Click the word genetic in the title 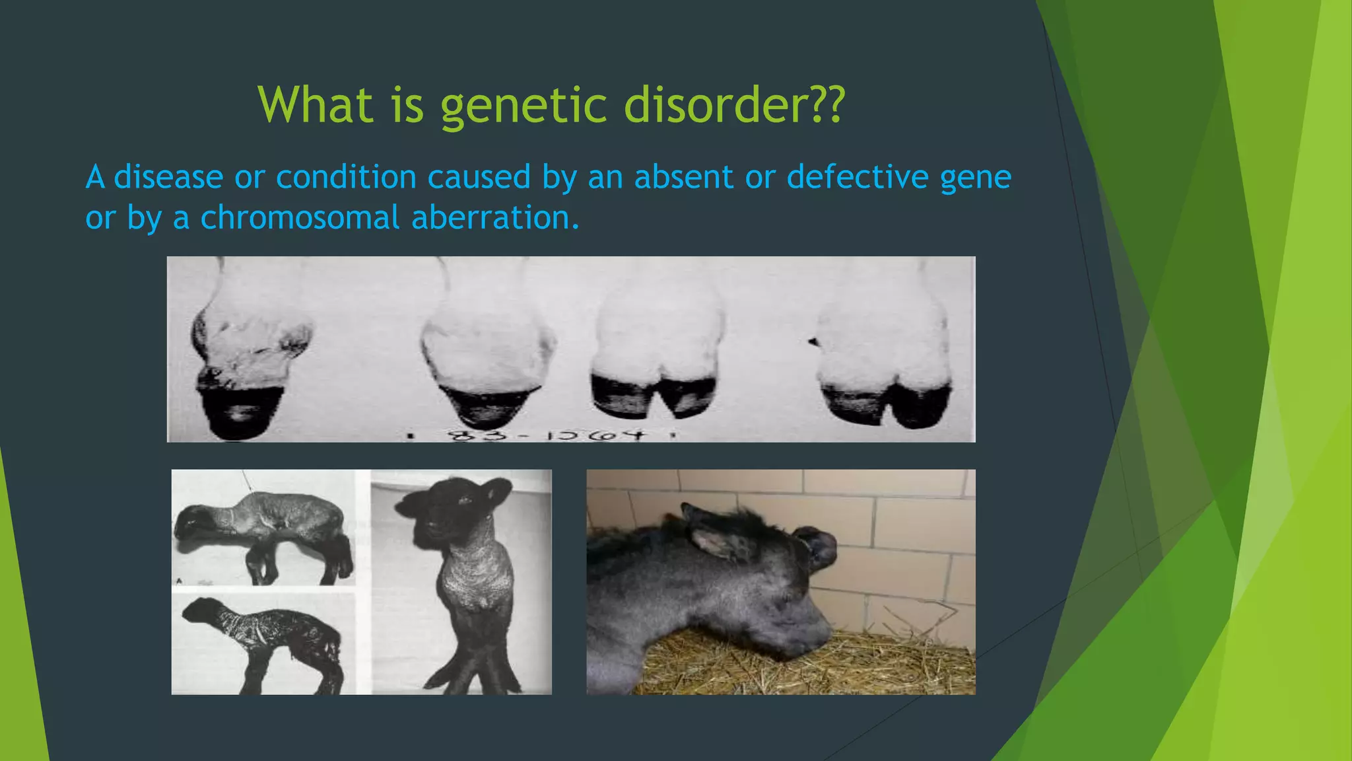tap(524, 106)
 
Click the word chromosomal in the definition tap(300, 218)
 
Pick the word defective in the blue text tap(857, 177)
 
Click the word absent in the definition tap(683, 177)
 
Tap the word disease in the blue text tap(168, 177)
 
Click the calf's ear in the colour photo tap(716, 538)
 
